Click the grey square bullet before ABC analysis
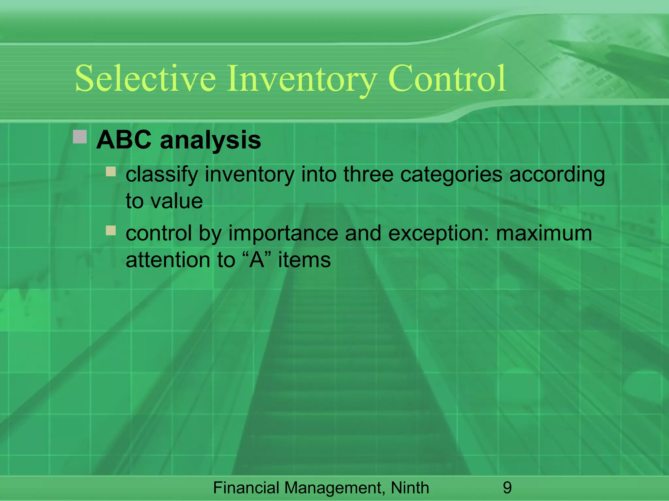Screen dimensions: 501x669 pyautogui.click(x=80, y=137)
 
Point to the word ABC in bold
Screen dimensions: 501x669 pyautogui.click(x=124, y=140)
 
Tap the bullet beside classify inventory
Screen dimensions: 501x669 pyautogui.click(x=111, y=172)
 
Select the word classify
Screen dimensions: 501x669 pyautogui.click(x=162, y=175)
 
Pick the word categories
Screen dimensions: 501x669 pyautogui.click(x=451, y=175)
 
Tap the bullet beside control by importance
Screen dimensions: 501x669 pyautogui.click(x=111, y=231)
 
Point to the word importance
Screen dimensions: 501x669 pyautogui.click(x=283, y=234)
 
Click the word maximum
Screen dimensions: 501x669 pyautogui.click(x=544, y=234)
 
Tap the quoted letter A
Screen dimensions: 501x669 pyautogui.click(x=256, y=260)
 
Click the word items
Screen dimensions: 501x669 pyautogui.click(x=304, y=260)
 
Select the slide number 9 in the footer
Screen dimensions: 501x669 pyautogui.click(x=507, y=488)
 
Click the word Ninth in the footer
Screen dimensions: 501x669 pyautogui.click(x=410, y=488)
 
